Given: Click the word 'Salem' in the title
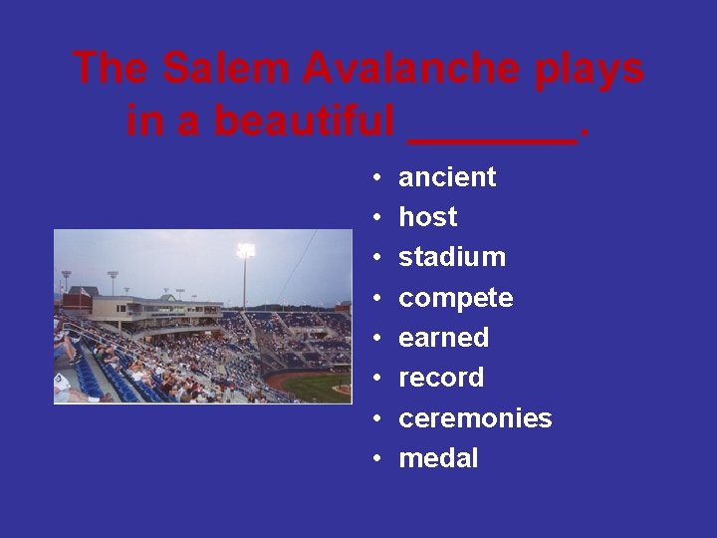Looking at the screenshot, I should (x=226, y=69).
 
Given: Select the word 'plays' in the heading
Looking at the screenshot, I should (x=590, y=69).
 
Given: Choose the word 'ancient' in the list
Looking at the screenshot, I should (x=447, y=177).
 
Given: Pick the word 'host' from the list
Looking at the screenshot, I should (x=427, y=217).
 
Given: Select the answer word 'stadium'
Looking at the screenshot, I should (x=452, y=257).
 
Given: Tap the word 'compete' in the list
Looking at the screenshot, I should (x=455, y=298).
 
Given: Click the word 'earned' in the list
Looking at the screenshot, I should (x=443, y=338).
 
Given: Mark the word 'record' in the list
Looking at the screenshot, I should (x=441, y=378).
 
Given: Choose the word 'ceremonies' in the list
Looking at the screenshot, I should (x=475, y=418).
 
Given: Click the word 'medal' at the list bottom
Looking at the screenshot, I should (x=438, y=458).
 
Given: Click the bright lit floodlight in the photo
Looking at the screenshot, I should (x=245, y=250).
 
